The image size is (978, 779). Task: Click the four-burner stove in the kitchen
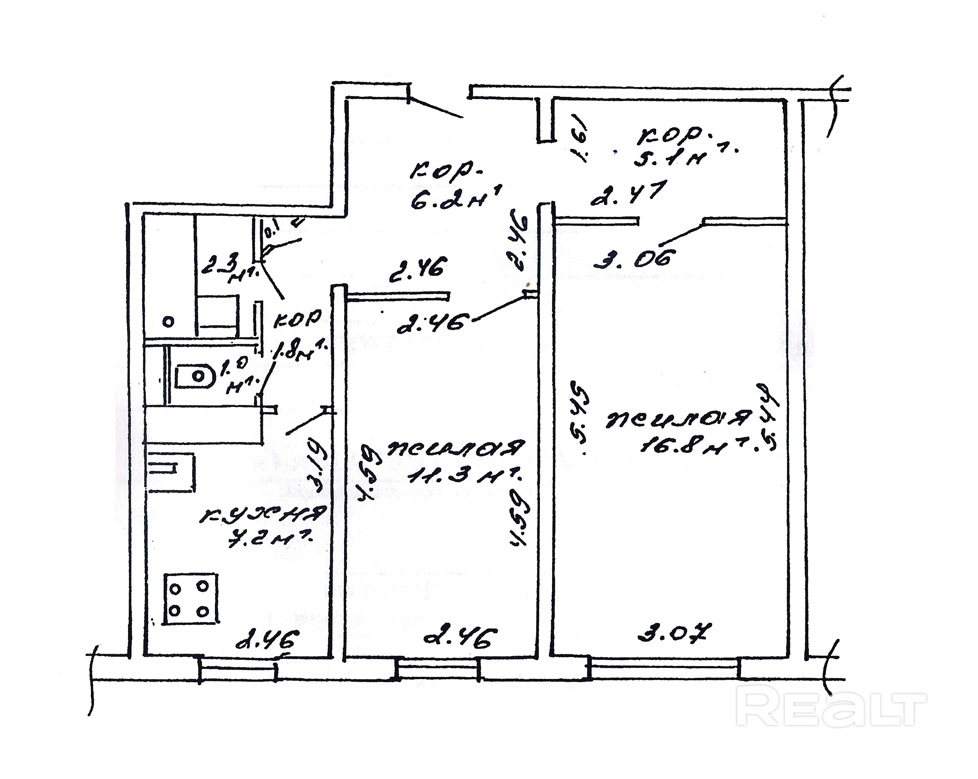tap(191, 599)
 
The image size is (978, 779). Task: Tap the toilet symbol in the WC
tap(195, 375)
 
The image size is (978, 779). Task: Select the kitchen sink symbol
tap(170, 471)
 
